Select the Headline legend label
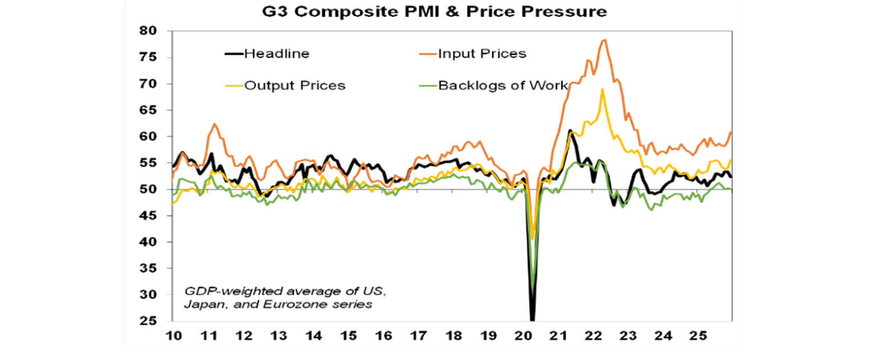pyautogui.click(x=277, y=54)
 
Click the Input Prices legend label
pyautogui.click(x=482, y=54)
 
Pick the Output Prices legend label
pyautogui.click(x=295, y=86)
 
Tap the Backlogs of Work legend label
pyautogui.click(x=502, y=86)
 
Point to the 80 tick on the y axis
pyautogui.click(x=150, y=31)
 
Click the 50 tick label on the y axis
pyautogui.click(x=150, y=189)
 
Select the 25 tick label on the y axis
pyautogui.click(x=150, y=321)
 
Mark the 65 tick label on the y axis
pyautogui.click(x=150, y=110)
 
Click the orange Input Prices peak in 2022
pyautogui.click(x=604, y=39)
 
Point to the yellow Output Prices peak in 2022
pyautogui.click(x=602, y=89)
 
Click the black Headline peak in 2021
pyautogui.click(x=570, y=130)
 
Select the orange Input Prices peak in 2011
pyautogui.click(x=214, y=123)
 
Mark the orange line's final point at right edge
pyautogui.click(x=731, y=133)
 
